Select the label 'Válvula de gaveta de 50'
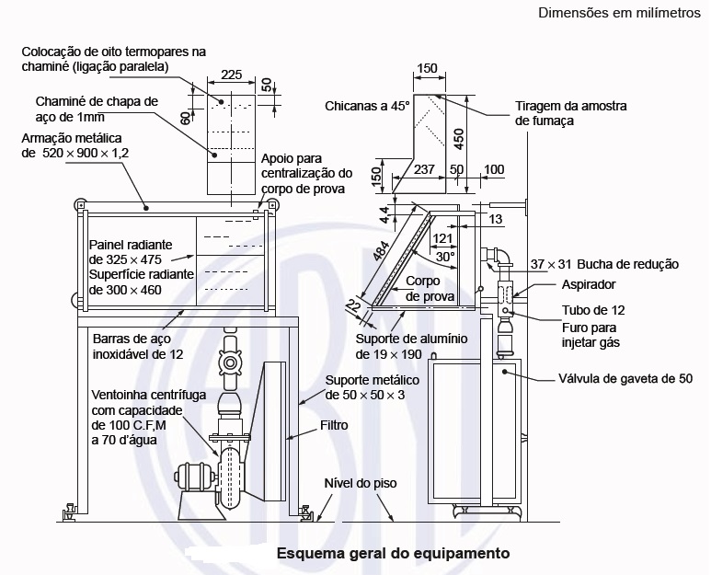625,378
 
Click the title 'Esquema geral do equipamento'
393,554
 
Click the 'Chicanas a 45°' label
367,106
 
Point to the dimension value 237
424,169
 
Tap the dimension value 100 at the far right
494,169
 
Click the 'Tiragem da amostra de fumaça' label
558,112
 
